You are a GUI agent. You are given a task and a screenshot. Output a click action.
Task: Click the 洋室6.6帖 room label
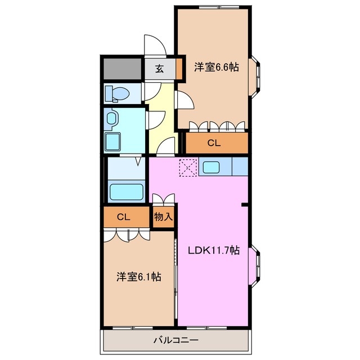tap(217, 67)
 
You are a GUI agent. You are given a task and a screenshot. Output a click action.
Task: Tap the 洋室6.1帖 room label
tap(139, 277)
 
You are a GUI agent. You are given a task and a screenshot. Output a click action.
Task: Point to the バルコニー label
tap(175, 340)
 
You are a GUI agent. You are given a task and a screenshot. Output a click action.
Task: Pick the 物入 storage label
tap(163, 217)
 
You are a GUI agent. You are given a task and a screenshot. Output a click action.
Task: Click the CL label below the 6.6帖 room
tap(214, 143)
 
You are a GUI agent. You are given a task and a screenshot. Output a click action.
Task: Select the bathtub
tap(125, 191)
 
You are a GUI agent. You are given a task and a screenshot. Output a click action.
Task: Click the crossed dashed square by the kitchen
tap(187, 167)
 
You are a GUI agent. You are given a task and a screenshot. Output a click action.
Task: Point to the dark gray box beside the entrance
tap(121, 68)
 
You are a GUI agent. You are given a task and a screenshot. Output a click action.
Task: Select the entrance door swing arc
tap(152, 45)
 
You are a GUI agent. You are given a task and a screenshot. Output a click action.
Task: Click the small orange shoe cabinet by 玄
tap(179, 69)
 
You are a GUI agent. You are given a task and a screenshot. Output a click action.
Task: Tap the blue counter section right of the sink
tap(240, 166)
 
